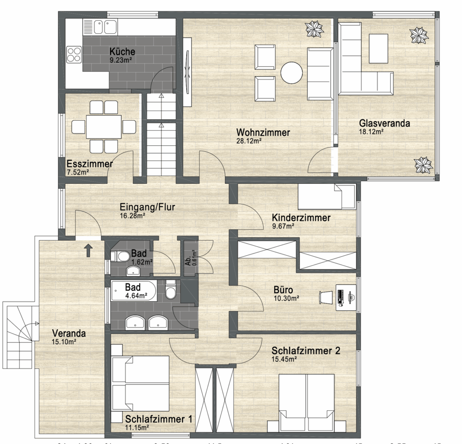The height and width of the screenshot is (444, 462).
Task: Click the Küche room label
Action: point(122,52)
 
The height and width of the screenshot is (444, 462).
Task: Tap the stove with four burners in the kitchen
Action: point(75,55)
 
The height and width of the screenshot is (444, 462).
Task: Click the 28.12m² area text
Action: point(249,140)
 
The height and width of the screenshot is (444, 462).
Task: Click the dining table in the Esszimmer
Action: point(104,127)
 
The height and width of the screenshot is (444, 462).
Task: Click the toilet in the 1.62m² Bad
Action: point(122,257)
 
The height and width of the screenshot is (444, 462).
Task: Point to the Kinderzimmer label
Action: point(301,218)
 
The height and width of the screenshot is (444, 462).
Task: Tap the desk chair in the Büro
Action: point(326,297)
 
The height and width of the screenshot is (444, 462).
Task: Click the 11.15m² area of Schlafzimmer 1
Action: point(137,428)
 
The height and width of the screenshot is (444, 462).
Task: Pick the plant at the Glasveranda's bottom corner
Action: point(423,165)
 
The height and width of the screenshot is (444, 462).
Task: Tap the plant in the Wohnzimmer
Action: point(314,29)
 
